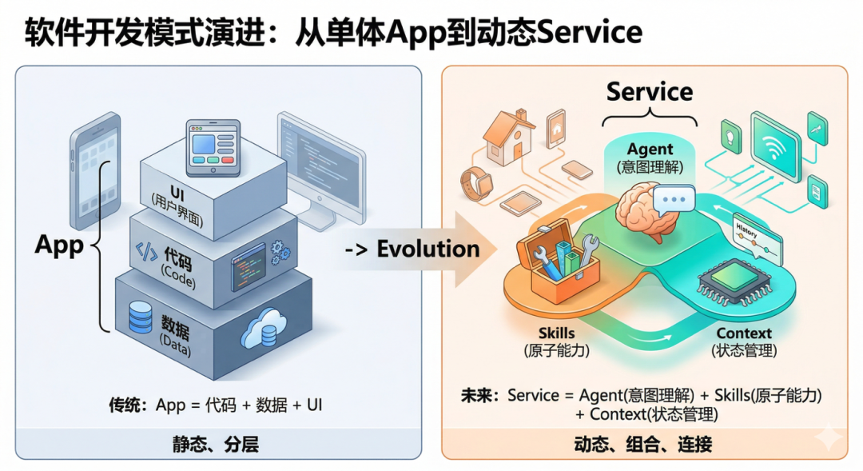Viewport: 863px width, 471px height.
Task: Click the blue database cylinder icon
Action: click(x=140, y=318)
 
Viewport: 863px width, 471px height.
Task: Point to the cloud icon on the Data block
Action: click(x=264, y=329)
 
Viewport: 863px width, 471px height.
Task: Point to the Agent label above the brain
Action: click(x=650, y=150)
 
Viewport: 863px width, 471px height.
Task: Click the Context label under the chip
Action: click(x=743, y=333)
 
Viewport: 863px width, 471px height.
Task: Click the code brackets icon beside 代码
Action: click(x=147, y=253)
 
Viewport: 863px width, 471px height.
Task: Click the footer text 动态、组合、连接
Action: click(x=642, y=444)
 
